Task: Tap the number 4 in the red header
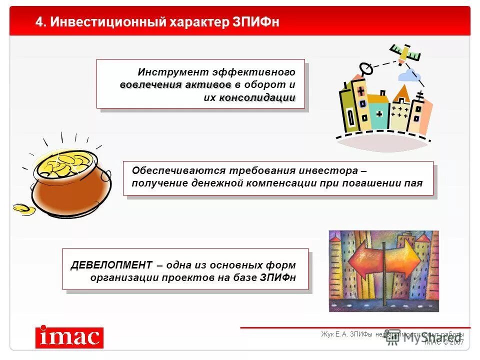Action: point(38,22)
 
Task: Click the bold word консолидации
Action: point(257,97)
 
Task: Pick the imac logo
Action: point(69,337)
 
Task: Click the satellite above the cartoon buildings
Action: point(403,52)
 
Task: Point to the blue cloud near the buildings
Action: point(408,75)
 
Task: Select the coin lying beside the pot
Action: point(23,209)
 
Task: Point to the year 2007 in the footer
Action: point(457,342)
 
